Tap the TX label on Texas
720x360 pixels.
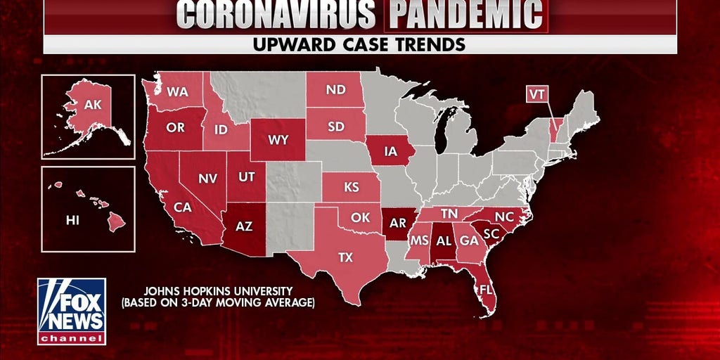coord(345,257)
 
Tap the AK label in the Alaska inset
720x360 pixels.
coord(92,105)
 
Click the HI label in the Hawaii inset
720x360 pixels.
coord(72,220)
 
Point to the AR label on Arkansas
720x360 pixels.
coord(398,224)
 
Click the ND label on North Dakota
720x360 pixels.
coord(335,90)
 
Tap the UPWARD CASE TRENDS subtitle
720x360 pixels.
coord(359,44)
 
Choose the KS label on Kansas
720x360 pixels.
coord(351,188)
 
